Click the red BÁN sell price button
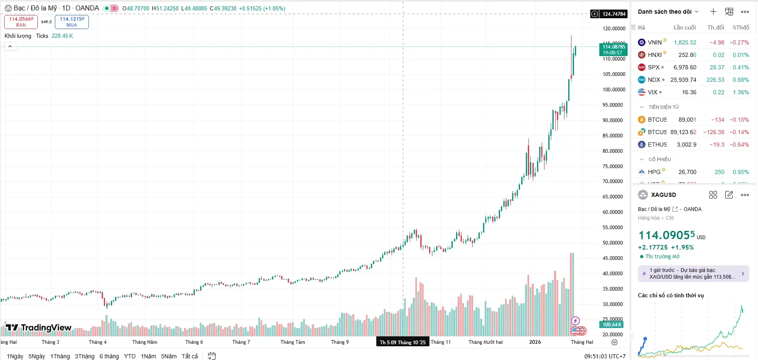(x=21, y=22)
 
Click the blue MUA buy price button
(x=71, y=22)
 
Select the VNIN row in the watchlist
(x=655, y=42)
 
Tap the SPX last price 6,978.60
(x=684, y=67)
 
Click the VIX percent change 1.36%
(x=741, y=92)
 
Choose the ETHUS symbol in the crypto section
(x=657, y=144)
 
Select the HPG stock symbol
(x=654, y=172)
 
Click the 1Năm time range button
(x=148, y=356)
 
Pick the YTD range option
(x=130, y=356)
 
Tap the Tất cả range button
(x=189, y=356)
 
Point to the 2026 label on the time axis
(x=535, y=342)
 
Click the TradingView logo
(x=39, y=328)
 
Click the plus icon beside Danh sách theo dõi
(x=713, y=12)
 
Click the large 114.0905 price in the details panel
(x=666, y=235)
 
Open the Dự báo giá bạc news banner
(x=693, y=274)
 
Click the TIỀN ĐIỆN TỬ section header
(x=663, y=107)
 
